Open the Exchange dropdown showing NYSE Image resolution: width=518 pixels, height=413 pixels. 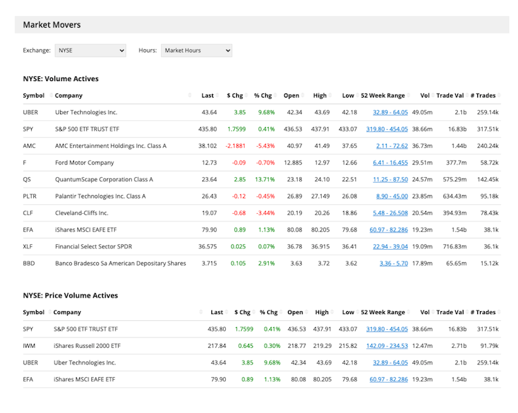click(91, 51)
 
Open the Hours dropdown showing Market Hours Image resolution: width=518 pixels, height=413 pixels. click(196, 51)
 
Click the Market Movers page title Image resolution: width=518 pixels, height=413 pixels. click(52, 25)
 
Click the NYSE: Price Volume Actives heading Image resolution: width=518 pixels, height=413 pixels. click(70, 295)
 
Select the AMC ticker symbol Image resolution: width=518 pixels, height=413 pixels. click(29, 146)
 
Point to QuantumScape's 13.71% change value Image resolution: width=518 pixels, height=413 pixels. click(265, 179)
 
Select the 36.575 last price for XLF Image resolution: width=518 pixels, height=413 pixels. click(207, 246)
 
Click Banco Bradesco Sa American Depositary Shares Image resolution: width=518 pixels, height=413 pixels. click(120, 263)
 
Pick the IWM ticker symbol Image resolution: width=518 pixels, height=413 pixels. click(29, 345)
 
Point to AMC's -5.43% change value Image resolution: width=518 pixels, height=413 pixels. click(265, 146)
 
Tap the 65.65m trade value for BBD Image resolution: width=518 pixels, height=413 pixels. click(455, 263)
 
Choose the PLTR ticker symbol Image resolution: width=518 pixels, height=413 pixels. click(30, 196)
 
